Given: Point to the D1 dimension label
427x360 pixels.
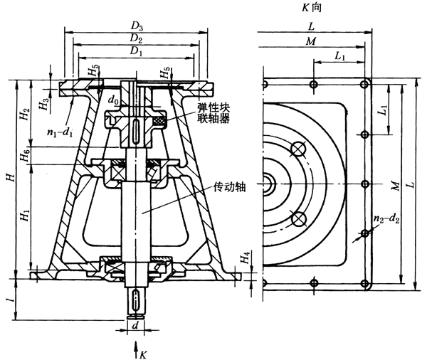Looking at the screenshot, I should click(134, 51).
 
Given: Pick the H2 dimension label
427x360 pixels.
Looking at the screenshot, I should click(24, 114).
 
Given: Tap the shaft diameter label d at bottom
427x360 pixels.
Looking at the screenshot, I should click(135, 325).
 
